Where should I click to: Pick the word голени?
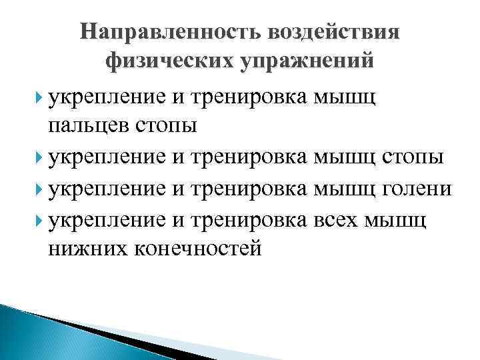click(x=419, y=189)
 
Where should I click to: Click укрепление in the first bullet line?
click(x=106, y=97)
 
